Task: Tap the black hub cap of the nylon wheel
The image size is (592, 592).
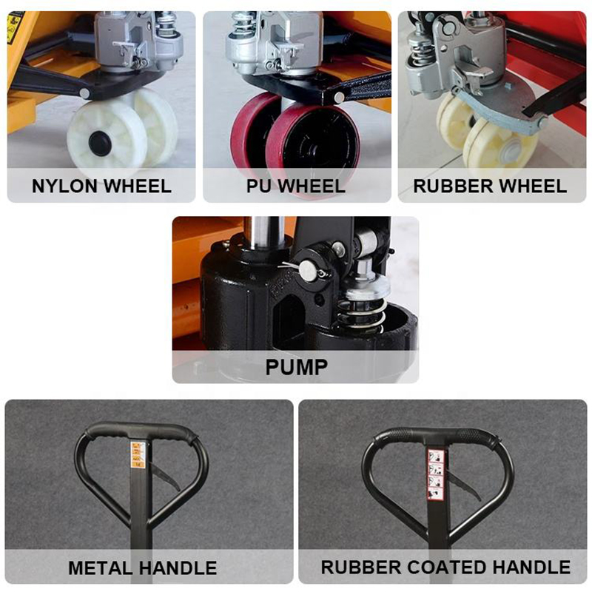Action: tap(100, 144)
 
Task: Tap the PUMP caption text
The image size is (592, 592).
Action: tap(295, 368)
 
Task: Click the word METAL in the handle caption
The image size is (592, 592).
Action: tap(101, 568)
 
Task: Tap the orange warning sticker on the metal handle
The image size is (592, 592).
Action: tap(138, 454)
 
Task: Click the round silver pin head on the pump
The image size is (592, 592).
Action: tap(306, 271)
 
